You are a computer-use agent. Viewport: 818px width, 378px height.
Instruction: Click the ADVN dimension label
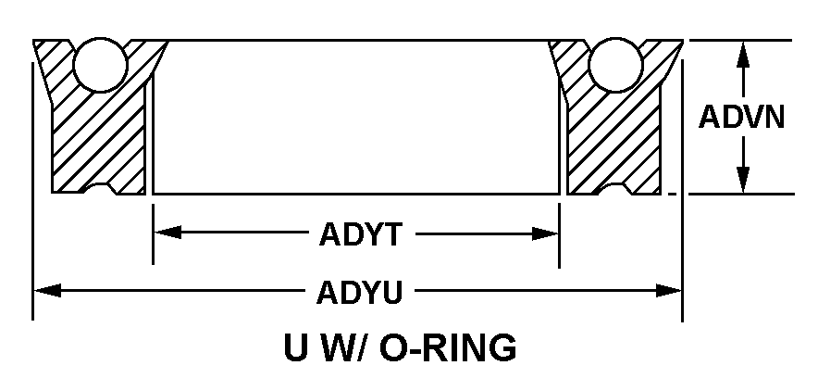click(x=741, y=117)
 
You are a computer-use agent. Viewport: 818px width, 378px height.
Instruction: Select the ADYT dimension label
click(x=361, y=234)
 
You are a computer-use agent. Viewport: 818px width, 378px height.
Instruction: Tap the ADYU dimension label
click(x=360, y=293)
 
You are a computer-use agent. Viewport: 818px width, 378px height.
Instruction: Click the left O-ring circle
click(x=100, y=65)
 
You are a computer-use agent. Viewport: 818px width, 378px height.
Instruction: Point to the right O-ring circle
click(x=615, y=65)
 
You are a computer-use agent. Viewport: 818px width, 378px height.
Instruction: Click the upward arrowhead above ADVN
click(x=743, y=55)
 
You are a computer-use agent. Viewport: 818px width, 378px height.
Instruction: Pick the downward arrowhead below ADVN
click(x=743, y=180)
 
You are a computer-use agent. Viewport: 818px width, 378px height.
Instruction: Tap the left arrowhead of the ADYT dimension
click(x=167, y=233)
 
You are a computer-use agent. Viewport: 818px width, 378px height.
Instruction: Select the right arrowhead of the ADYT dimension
click(x=545, y=233)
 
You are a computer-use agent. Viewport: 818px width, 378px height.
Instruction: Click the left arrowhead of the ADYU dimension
click(x=47, y=290)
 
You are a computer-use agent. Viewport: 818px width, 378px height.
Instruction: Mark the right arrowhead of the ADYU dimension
click(x=668, y=291)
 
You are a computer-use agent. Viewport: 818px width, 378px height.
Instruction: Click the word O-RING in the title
click(x=448, y=347)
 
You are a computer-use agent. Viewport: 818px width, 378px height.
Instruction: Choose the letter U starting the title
click(x=295, y=347)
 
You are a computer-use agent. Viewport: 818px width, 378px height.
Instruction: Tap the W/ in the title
click(x=341, y=347)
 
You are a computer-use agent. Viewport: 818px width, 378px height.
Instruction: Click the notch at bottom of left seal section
click(x=100, y=188)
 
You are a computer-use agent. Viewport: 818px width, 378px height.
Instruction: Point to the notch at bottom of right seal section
click(x=615, y=188)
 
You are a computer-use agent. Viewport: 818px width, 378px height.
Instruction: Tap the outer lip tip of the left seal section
click(x=33, y=40)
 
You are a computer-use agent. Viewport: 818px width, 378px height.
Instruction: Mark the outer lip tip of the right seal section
click(x=683, y=40)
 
